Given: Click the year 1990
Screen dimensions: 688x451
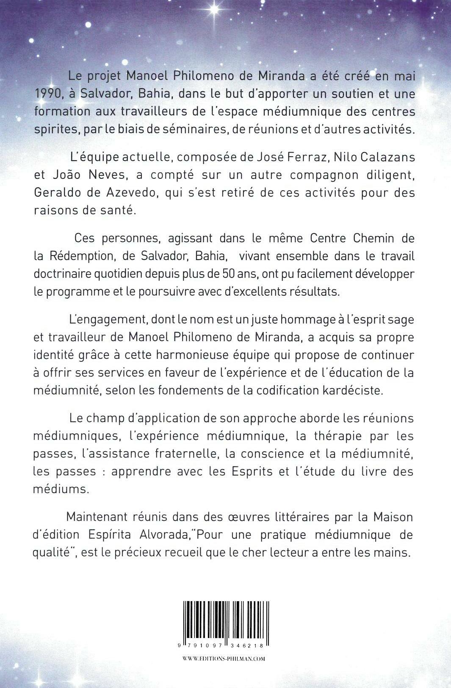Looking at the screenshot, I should click(47, 93).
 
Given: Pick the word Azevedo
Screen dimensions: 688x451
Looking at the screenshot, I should click(121, 192).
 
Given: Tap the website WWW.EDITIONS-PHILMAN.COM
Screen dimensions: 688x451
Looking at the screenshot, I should click(224, 659).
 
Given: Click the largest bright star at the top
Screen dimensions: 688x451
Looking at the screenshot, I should click(214, 9).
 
